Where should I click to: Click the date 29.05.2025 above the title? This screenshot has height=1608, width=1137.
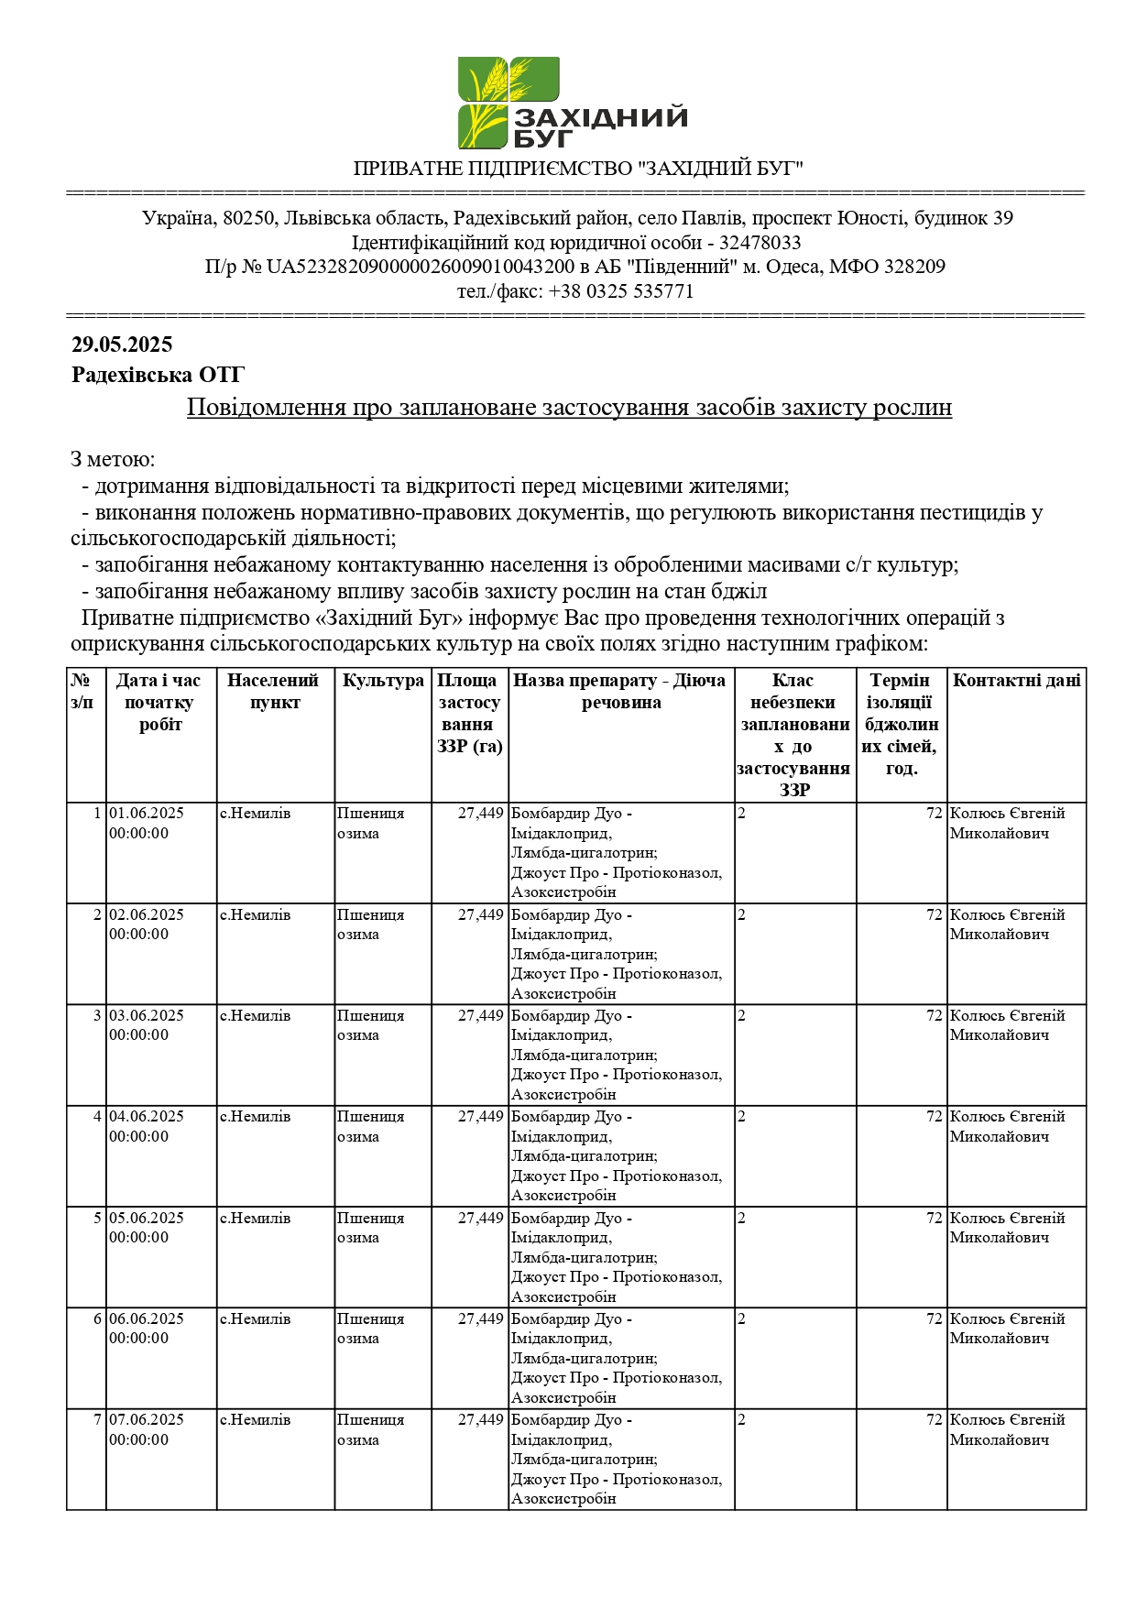tap(122, 345)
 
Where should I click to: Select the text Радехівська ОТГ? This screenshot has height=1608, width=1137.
tap(158, 375)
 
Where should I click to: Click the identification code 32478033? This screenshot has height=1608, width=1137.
tap(760, 243)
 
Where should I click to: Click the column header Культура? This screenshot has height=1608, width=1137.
tap(383, 681)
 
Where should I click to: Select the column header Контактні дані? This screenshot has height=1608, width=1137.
tap(1016, 681)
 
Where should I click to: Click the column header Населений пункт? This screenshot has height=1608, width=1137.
tap(274, 692)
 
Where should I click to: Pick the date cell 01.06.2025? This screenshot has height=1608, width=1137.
tap(147, 814)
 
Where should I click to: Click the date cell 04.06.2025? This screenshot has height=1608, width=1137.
tap(147, 1117)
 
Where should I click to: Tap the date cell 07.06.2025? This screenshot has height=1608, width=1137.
tap(147, 1420)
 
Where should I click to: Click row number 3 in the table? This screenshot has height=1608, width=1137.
tap(97, 1016)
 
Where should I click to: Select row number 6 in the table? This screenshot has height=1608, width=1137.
tap(97, 1319)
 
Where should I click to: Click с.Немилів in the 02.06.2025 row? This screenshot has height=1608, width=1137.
tap(255, 915)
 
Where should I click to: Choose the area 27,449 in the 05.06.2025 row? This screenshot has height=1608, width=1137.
tap(481, 1219)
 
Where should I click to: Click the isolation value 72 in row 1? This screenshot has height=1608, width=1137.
tap(934, 814)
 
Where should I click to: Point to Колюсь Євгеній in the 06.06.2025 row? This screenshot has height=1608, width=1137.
tap(1007, 1319)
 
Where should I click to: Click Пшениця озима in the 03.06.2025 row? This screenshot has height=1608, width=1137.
tap(370, 1025)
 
